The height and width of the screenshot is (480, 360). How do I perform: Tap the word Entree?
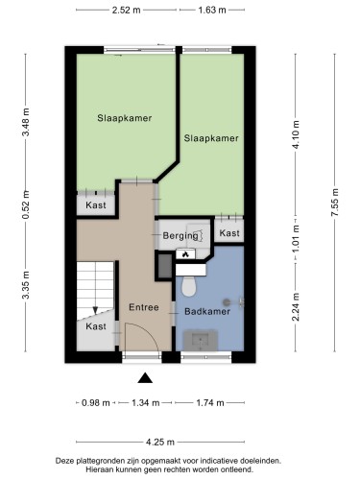(143, 307)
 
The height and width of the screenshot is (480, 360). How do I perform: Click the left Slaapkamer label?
(124, 118)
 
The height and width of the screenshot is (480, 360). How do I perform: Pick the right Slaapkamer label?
(211, 138)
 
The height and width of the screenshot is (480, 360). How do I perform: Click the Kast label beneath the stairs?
(96, 326)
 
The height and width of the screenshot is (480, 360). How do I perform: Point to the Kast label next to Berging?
(229, 233)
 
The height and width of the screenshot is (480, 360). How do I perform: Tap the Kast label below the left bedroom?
(95, 205)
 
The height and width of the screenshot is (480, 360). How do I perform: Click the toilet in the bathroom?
(189, 286)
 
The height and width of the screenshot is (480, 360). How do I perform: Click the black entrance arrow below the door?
(144, 378)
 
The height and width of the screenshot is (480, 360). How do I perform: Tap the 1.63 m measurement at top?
(211, 11)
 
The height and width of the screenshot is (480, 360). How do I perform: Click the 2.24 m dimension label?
(297, 309)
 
